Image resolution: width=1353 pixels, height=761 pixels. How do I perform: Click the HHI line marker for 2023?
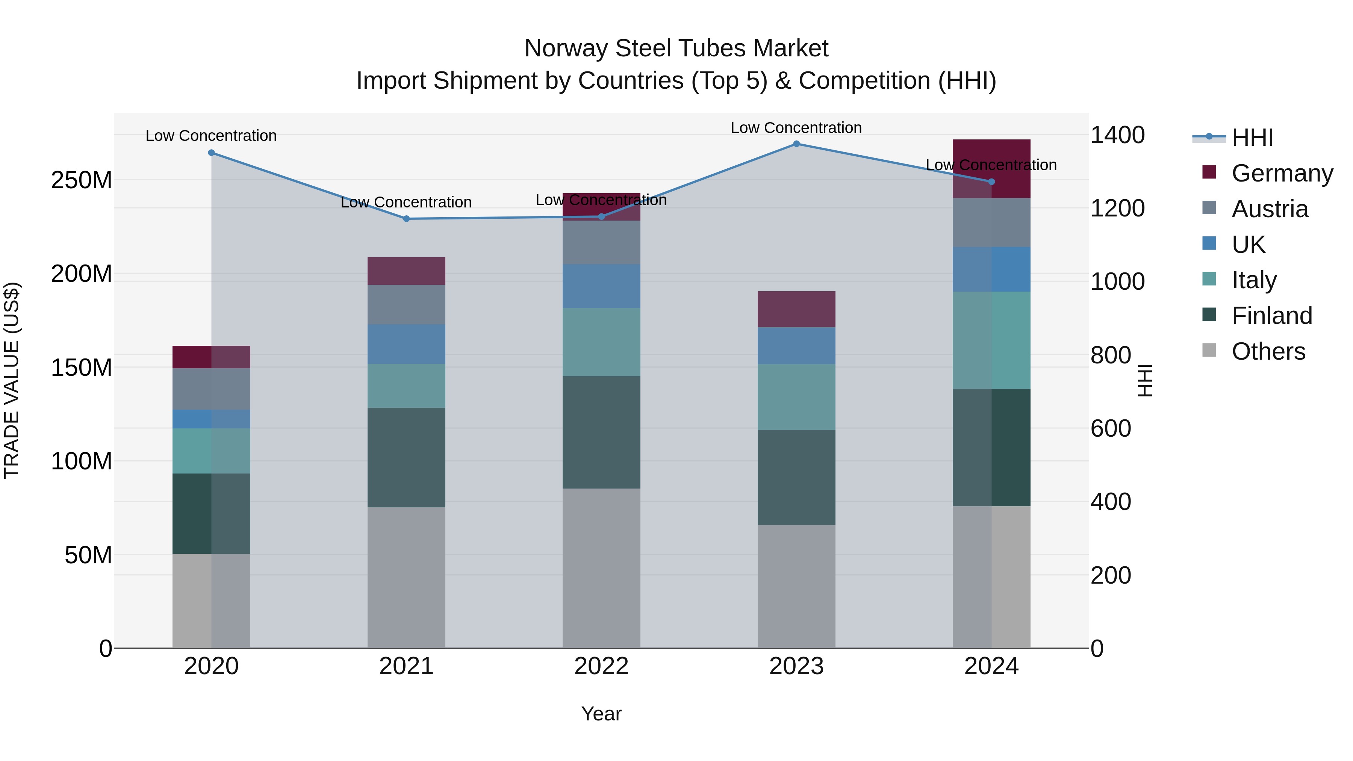click(x=796, y=144)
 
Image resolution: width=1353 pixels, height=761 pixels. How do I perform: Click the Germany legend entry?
click(x=1282, y=173)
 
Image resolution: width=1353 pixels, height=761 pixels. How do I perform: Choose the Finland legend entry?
click(x=1271, y=316)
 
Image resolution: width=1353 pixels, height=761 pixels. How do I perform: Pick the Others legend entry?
click(x=1268, y=351)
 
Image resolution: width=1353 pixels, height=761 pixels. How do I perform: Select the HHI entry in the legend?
click(x=1252, y=138)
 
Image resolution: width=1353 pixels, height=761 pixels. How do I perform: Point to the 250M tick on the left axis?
click(x=82, y=180)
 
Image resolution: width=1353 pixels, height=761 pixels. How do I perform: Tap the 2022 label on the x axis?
click(x=601, y=666)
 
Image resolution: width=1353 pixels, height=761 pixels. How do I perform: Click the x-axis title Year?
click(x=601, y=714)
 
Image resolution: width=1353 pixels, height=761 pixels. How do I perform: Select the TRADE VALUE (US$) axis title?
click(x=12, y=380)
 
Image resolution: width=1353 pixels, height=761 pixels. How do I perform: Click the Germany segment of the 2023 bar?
click(x=796, y=309)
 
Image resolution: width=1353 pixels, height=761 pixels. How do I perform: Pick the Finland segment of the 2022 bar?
click(x=601, y=432)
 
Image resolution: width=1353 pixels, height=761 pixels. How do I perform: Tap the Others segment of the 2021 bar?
click(x=406, y=578)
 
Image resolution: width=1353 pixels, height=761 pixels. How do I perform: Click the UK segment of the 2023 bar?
click(x=796, y=346)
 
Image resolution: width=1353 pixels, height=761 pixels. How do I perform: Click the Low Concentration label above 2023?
click(x=796, y=128)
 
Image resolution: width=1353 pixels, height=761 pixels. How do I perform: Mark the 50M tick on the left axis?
click(x=88, y=555)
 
